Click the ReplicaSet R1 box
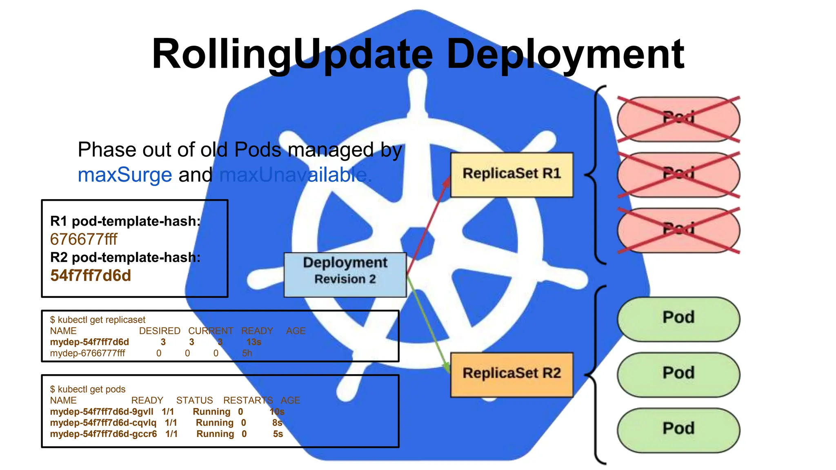[x=511, y=175]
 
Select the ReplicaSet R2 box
[x=511, y=374]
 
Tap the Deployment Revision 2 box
[x=345, y=275]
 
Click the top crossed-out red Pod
[x=678, y=119]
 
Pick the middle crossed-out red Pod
[x=678, y=175]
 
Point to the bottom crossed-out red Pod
[x=678, y=230]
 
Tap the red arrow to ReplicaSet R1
[x=429, y=224]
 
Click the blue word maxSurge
[x=125, y=175]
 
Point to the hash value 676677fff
[x=84, y=239]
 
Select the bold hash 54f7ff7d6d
[x=91, y=275]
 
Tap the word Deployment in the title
[x=565, y=54]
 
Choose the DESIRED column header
[x=160, y=331]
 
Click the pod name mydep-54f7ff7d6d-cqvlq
[x=103, y=423]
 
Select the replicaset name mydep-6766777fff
[x=87, y=353]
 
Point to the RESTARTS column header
[x=248, y=400]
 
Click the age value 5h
[x=247, y=353]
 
